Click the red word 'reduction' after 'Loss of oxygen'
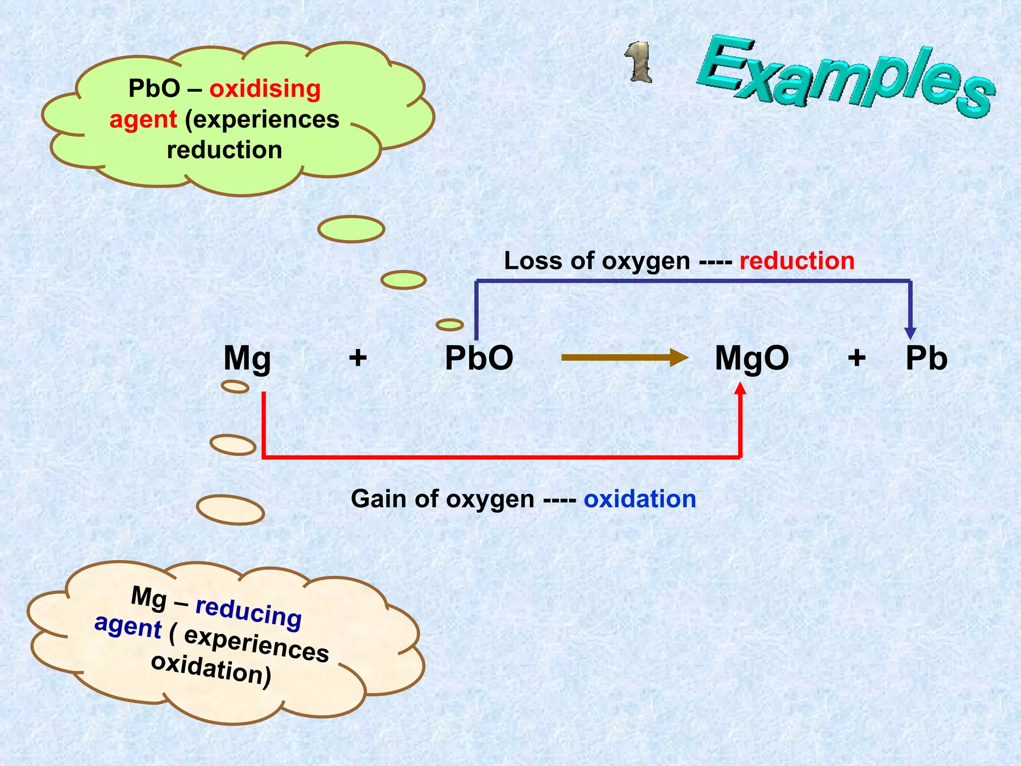coord(797,261)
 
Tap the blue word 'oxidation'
coord(640,499)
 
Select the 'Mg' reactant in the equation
coord(247,358)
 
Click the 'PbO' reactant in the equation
coord(479,358)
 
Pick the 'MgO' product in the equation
coord(752,358)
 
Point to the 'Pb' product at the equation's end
coord(926,358)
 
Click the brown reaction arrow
coord(623,358)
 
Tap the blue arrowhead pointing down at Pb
coord(910,333)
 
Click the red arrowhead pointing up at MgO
coord(741,388)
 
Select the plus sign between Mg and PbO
coord(358,358)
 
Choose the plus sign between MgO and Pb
coord(856,358)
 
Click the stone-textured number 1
coord(639,62)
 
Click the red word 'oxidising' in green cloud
coord(265,89)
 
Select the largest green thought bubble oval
coord(351,229)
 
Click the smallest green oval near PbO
coord(450,325)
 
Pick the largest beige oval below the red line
coord(230,510)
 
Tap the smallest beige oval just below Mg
coord(235,386)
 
